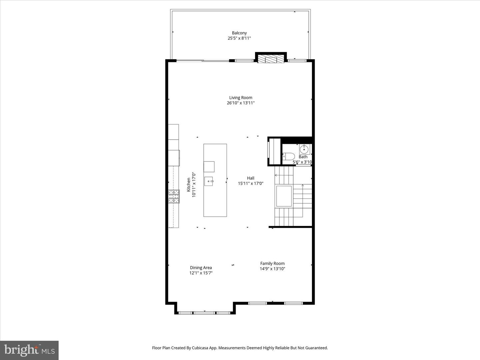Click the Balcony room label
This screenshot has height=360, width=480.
pos(239,33)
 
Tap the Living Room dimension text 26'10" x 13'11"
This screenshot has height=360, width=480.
pos(241,103)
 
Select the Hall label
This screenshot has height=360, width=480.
pos(251,178)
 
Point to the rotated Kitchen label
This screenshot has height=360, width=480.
pos(189,185)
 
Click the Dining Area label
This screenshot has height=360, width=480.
pos(201,268)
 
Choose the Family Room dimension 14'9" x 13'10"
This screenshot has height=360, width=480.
pos(272,269)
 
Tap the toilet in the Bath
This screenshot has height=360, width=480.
pos(289,157)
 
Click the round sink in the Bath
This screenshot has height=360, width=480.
pos(304,150)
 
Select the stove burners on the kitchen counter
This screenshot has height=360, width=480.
pos(174,196)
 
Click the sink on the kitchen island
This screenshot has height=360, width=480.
pos(209,181)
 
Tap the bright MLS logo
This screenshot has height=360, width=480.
pos(29,350)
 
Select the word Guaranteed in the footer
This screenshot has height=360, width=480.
pos(316,348)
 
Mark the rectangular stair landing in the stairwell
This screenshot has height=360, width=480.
pos(284,196)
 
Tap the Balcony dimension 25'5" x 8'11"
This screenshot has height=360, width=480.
pos(239,38)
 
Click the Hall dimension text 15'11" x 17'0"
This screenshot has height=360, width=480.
pos(251,183)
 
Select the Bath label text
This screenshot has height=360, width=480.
pos(303,157)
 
